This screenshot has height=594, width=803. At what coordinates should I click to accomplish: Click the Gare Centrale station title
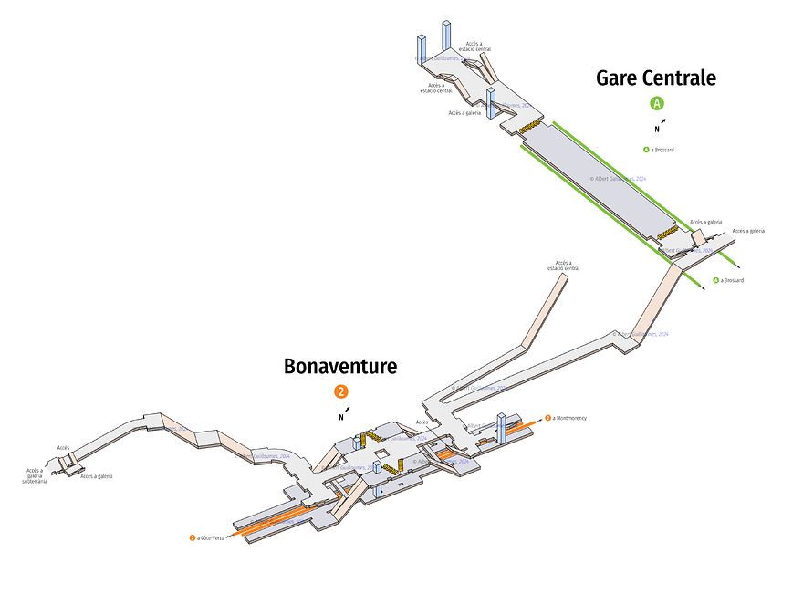655,78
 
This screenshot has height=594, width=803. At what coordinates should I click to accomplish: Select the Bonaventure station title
340,367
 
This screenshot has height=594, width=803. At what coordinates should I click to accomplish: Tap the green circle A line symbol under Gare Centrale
656,103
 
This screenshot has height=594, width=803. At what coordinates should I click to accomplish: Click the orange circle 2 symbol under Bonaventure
341,391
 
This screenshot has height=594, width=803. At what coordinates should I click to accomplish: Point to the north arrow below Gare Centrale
661,125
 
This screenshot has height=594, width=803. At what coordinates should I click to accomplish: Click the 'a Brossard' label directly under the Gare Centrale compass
659,150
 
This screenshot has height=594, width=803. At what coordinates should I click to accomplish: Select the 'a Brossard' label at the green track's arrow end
728,280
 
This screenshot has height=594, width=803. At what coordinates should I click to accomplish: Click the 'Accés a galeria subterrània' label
36,475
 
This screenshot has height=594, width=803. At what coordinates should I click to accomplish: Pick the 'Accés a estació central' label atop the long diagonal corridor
563,266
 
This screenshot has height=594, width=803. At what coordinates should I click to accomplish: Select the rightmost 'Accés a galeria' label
747,231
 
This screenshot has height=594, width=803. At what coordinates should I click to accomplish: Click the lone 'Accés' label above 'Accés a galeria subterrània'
63,448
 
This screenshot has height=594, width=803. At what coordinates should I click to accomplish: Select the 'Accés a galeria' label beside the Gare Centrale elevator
464,113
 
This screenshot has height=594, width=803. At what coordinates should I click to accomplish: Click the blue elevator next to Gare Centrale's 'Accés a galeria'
491,104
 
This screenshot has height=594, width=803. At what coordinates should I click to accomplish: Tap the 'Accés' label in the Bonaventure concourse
422,422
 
